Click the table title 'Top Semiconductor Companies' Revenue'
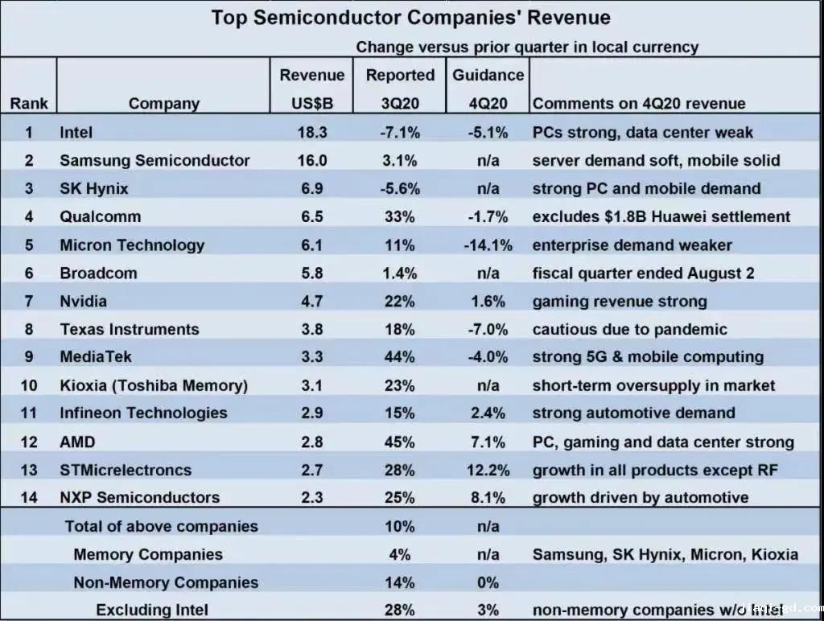point(410,18)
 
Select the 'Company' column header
point(164,103)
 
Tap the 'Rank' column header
point(29,103)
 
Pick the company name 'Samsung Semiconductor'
point(154,160)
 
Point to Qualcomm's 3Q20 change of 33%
point(400,216)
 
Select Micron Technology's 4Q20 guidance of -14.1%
point(488,245)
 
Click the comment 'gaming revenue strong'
point(620,301)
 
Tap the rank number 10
point(29,385)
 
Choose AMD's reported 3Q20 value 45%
point(400,442)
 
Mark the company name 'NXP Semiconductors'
point(139,497)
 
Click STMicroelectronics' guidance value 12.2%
point(488,470)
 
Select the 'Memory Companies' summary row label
point(148,554)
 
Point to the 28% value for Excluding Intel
point(400,610)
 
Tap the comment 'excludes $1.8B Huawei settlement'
point(661,216)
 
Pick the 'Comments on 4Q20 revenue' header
point(639,103)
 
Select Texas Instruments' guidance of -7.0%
point(488,329)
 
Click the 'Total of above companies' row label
point(161,527)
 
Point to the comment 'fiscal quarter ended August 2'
point(643,273)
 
